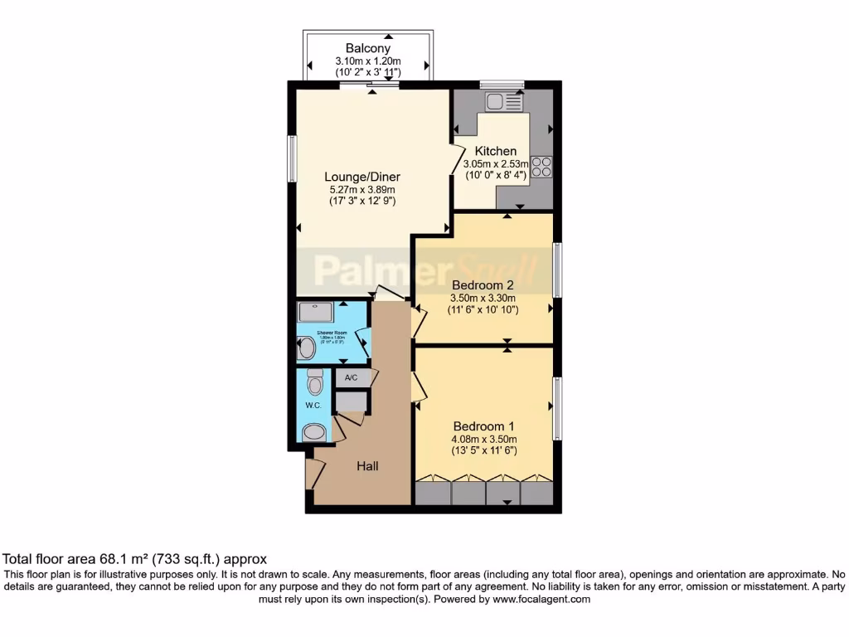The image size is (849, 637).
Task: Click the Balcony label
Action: coord(367,48)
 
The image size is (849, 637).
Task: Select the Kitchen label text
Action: coord(495,152)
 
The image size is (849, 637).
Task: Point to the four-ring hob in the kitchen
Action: coord(541,166)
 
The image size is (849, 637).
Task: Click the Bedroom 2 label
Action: coord(483,284)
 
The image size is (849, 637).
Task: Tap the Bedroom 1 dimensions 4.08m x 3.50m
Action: coord(483,440)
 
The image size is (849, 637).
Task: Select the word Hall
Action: coord(367,466)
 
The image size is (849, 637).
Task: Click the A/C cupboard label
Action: coord(351,378)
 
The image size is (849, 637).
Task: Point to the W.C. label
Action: coord(313,406)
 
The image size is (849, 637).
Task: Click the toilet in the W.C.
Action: coord(314,382)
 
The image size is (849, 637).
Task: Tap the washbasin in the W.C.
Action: coord(314,432)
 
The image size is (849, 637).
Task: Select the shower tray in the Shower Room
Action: coord(316,311)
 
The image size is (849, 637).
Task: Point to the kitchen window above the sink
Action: coord(502,84)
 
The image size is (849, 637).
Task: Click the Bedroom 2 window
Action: coord(558,270)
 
